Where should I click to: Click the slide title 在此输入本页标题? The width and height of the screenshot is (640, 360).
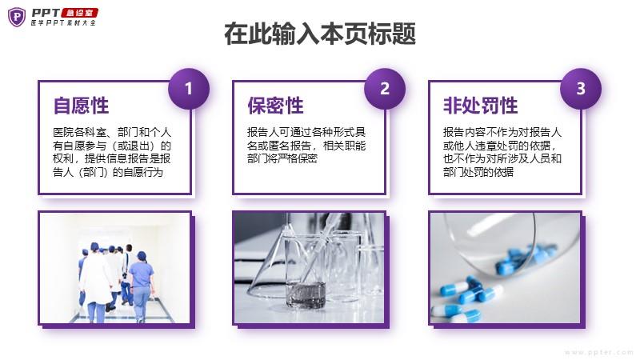tap(320, 34)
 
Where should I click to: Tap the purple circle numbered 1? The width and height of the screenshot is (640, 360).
tap(189, 89)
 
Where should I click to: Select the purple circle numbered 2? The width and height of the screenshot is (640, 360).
tap(385, 89)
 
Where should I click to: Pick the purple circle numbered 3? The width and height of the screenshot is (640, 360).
tap(581, 89)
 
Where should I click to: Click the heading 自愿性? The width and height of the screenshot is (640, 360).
tap(82, 106)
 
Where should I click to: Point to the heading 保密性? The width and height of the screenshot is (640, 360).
tap(275, 106)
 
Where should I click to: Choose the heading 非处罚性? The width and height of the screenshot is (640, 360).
tap(481, 106)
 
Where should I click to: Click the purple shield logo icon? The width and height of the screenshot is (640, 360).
tap(17, 17)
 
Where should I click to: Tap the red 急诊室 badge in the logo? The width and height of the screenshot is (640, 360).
tap(79, 13)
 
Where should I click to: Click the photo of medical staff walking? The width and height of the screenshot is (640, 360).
tap(115, 268)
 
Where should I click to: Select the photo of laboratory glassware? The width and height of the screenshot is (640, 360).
tap(310, 268)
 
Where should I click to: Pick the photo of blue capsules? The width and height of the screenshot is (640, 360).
tap(506, 268)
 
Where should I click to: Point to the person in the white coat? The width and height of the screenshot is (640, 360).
tap(96, 282)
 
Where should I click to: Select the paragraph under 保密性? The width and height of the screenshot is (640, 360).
tap(306, 146)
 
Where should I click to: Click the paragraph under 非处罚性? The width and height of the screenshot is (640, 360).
tap(502, 152)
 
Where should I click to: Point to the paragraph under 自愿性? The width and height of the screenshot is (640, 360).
tap(112, 152)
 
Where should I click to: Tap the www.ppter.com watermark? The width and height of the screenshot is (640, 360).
tap(598, 352)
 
